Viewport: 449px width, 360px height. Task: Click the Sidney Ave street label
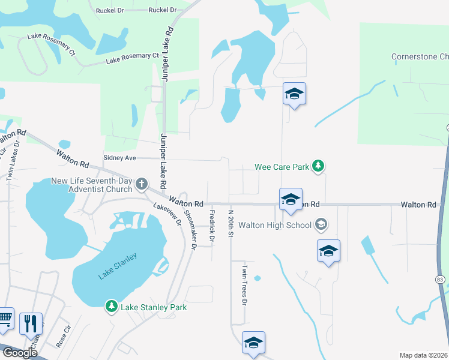[x=120, y=158]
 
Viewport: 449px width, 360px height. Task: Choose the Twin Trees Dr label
[x=244, y=285]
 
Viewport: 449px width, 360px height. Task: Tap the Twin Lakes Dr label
[x=10, y=160]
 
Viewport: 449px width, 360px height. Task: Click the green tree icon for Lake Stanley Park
[x=111, y=307]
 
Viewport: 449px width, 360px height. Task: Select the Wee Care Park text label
[x=282, y=166]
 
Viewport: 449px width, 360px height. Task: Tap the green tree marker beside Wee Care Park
[x=319, y=166]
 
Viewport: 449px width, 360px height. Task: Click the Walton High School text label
[x=275, y=225]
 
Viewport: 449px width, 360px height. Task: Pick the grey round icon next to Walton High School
[x=321, y=225]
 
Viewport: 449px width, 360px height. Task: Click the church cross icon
[x=142, y=184]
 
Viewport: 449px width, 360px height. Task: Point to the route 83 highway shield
[x=441, y=280]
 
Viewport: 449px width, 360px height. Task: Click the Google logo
[x=19, y=353]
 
